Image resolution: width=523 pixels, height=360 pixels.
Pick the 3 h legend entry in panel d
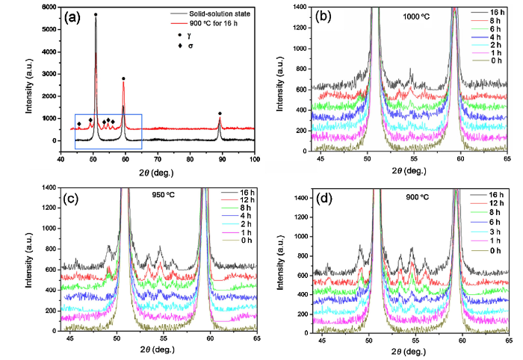494,240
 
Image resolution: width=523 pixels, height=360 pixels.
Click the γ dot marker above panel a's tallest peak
95,15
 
